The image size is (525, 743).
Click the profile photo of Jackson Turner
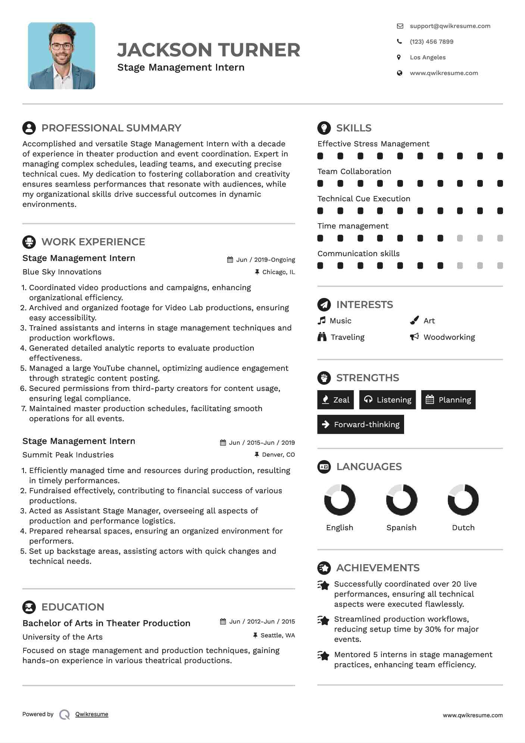[x=62, y=56]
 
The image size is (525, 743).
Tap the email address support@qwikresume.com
[x=450, y=26]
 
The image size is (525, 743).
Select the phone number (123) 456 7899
[x=431, y=42]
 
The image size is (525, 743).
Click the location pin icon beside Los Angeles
[x=399, y=57]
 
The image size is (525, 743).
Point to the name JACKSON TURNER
[x=209, y=50]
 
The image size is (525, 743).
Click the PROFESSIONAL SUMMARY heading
[x=111, y=128]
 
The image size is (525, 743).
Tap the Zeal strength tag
[x=335, y=400]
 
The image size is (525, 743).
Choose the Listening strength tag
[x=387, y=400]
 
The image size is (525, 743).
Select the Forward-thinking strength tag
[x=360, y=425]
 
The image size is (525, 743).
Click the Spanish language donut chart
[x=401, y=500]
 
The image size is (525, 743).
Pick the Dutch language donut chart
[x=463, y=500]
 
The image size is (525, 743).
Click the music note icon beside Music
[x=322, y=321]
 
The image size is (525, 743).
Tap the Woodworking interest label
[x=449, y=337]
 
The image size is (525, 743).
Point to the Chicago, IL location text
[x=278, y=272]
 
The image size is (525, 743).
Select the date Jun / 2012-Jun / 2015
[x=262, y=622]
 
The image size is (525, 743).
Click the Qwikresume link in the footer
[x=92, y=714]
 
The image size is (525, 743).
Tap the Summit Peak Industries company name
[x=68, y=455]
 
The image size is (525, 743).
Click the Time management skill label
[x=353, y=226]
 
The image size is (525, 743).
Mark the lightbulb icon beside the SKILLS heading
[x=324, y=128]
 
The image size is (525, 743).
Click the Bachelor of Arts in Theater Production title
[x=106, y=623]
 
